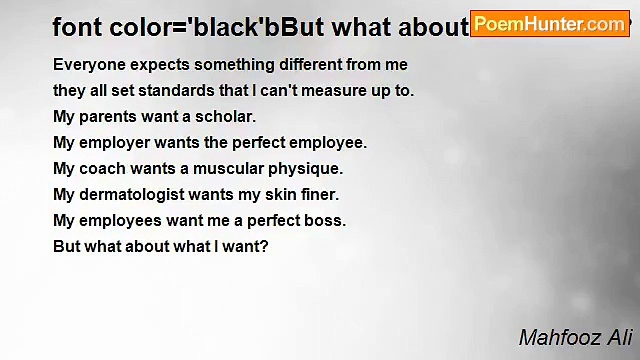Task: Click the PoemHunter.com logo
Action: pyautogui.click(x=550, y=23)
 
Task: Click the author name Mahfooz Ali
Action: pyautogui.click(x=576, y=337)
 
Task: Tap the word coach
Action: pyautogui.click(x=103, y=169)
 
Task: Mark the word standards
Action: pyautogui.click(x=184, y=91)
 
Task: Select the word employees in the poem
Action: pyautogui.click(x=120, y=221)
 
